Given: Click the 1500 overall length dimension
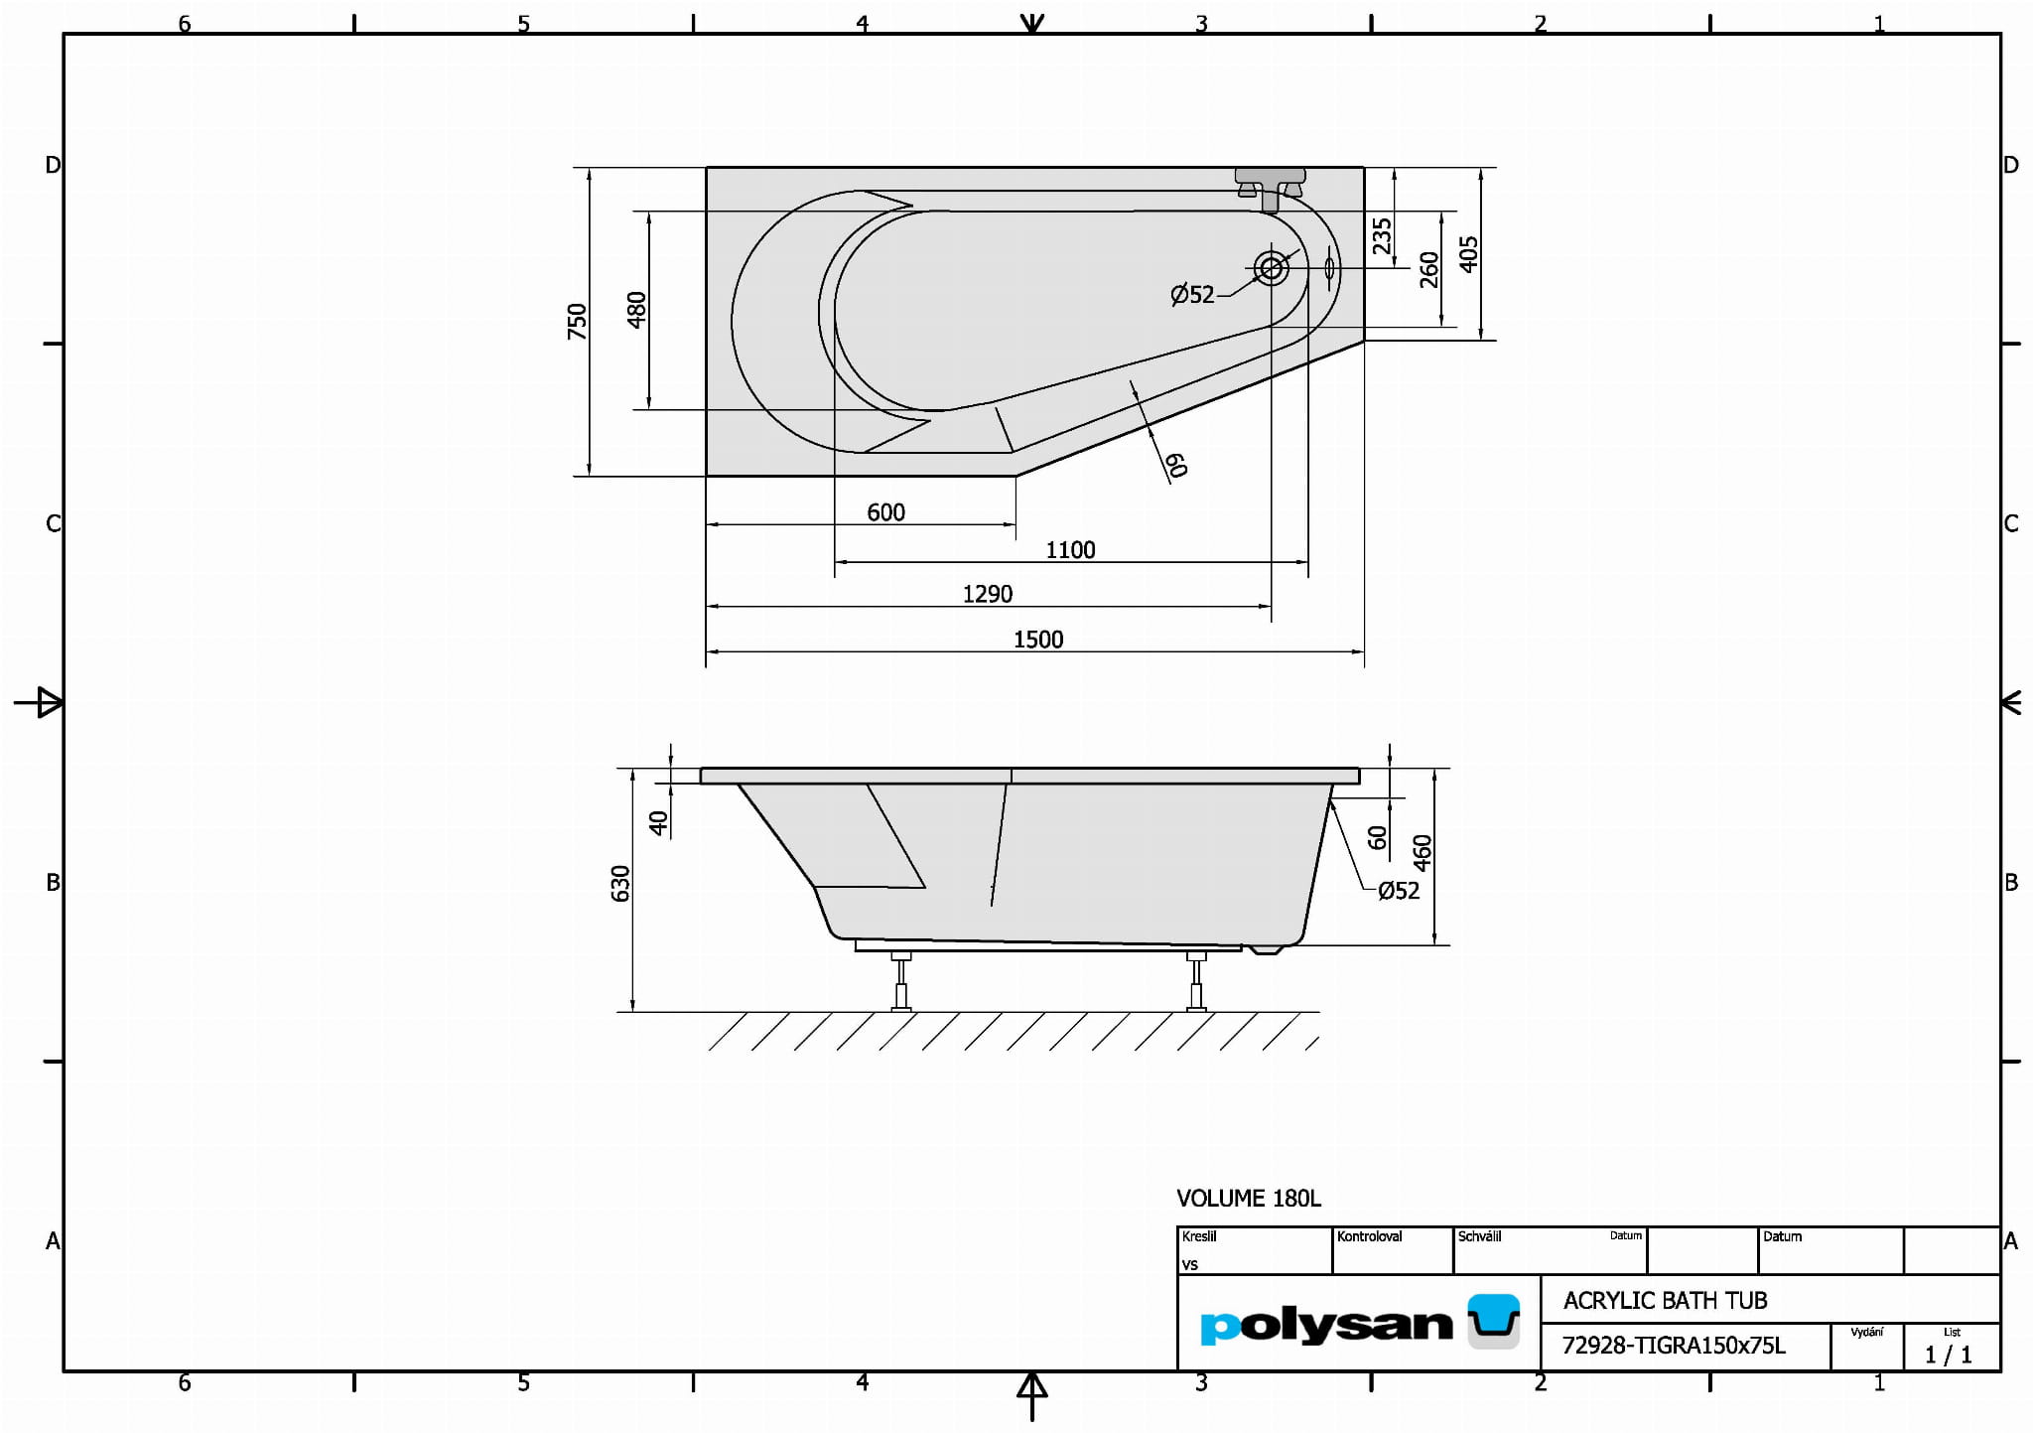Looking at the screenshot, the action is click(1038, 640).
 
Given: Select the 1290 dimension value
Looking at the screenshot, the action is click(988, 594).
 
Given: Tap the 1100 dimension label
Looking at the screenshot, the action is click(1070, 550).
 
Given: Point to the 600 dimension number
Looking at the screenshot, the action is click(885, 512).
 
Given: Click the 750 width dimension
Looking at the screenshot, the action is click(577, 322).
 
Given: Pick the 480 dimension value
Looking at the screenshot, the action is click(637, 310).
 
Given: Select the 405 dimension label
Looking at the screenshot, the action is click(1469, 254).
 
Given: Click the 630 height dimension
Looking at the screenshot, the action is click(620, 884).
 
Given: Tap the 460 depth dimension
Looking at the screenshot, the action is click(1423, 853).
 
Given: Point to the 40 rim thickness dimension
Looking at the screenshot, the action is click(658, 822).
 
